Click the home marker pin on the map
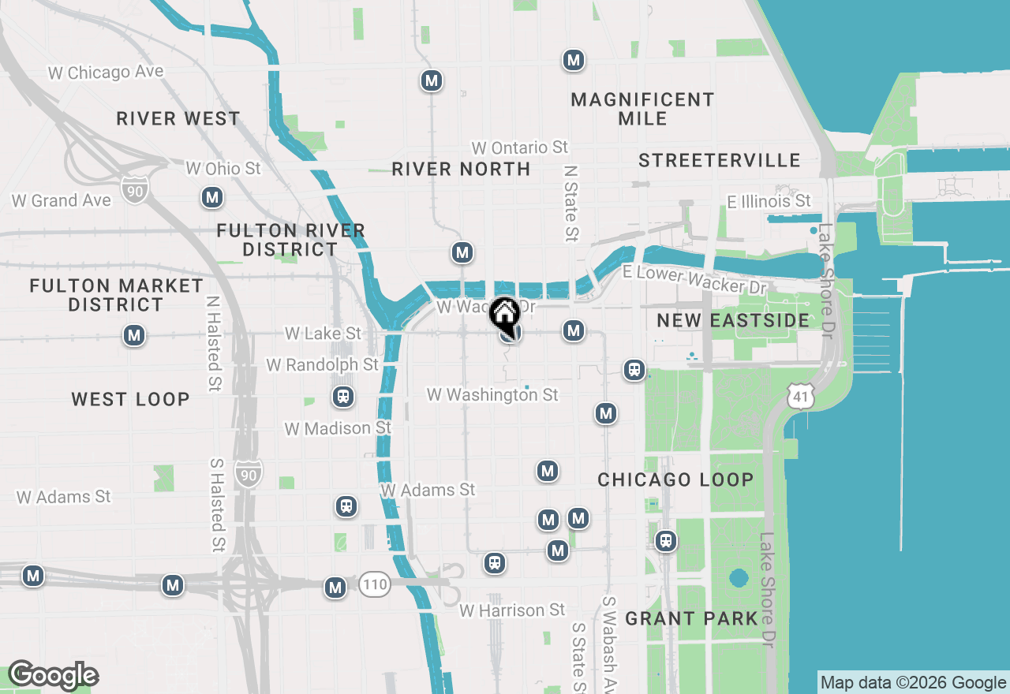[x=505, y=315]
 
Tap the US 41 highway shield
[x=800, y=397]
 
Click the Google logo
[x=53, y=675]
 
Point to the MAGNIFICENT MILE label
[x=642, y=109]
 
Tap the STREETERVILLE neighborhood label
[x=720, y=160]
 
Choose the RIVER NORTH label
[x=461, y=169]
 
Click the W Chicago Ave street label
[x=106, y=72]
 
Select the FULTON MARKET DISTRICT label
[x=116, y=295]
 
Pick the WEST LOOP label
[x=130, y=399]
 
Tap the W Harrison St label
[x=513, y=610]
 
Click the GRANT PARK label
[x=691, y=618]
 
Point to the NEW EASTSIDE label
[x=733, y=320]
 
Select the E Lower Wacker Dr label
[x=694, y=278]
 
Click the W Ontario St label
[x=519, y=147]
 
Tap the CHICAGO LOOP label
[x=675, y=479]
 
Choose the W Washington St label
[x=492, y=394]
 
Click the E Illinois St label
[x=769, y=201]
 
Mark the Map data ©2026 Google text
[x=913, y=683]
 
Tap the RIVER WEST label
[x=178, y=118]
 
